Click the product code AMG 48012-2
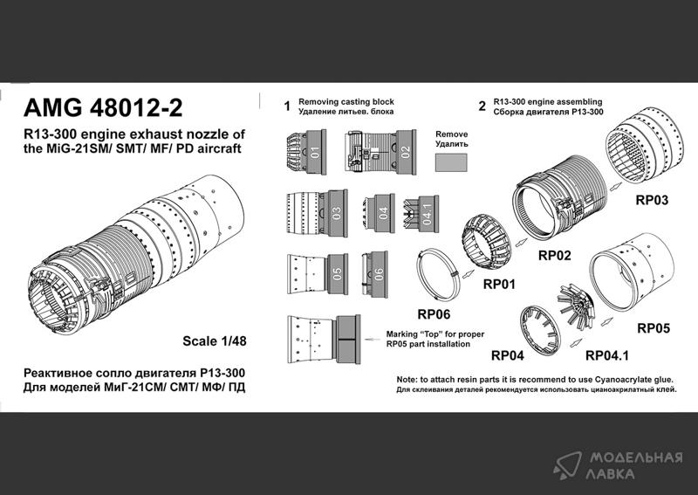103,108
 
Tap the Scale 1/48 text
214,341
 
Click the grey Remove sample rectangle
451,162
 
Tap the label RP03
652,200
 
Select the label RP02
554,255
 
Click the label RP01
499,284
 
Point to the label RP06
434,314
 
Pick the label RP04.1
606,355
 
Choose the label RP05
654,328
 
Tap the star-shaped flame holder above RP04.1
577,306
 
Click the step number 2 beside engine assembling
482,107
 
